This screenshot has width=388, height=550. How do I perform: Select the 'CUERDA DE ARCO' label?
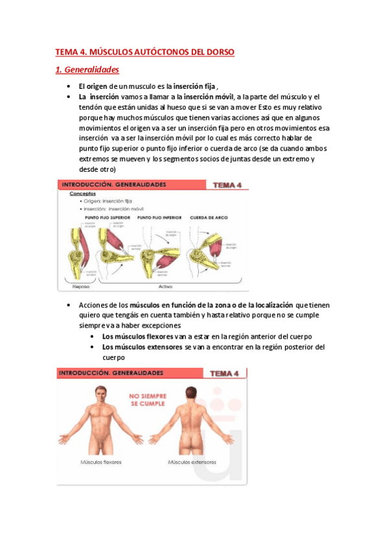coord(206,217)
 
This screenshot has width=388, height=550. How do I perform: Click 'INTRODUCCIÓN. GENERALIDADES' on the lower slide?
coord(111,374)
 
